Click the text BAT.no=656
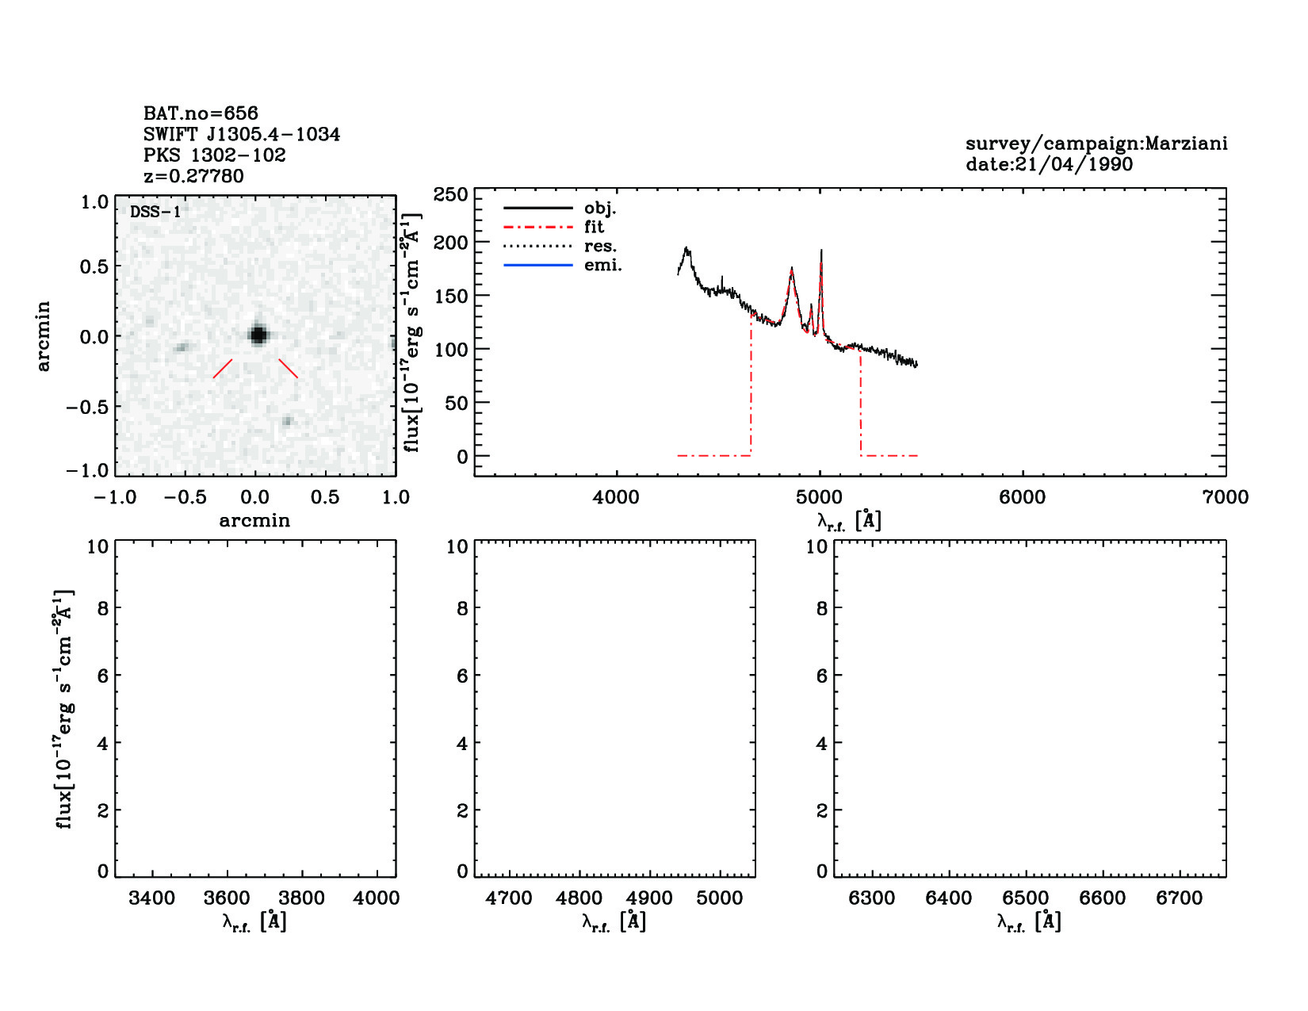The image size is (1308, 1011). tap(201, 113)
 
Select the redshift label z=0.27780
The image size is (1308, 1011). tap(193, 176)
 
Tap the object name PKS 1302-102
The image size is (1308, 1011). tap(214, 155)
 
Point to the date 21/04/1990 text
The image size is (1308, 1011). tap(1049, 165)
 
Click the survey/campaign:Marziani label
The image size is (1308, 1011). tap(1096, 144)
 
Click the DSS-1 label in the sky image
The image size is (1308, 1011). tap(155, 213)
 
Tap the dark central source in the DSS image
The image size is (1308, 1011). tap(257, 335)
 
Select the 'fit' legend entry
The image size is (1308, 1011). tap(594, 227)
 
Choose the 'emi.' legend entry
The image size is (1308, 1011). tap(602, 265)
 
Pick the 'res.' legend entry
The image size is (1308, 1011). tap(600, 246)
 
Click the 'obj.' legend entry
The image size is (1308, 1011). tap(599, 208)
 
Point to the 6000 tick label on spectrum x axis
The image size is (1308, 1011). tap(1022, 497)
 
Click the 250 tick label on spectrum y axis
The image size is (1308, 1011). tap(450, 195)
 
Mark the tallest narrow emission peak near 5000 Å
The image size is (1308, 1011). tap(821, 252)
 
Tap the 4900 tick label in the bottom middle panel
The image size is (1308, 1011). tap(649, 898)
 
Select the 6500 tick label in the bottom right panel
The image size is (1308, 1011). tap(1026, 898)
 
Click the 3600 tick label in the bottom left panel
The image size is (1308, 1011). tap(227, 898)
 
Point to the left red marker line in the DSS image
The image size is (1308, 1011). tap(223, 369)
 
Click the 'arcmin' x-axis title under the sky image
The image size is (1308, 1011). tap(254, 521)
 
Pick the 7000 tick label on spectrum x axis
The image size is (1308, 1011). tap(1225, 497)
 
